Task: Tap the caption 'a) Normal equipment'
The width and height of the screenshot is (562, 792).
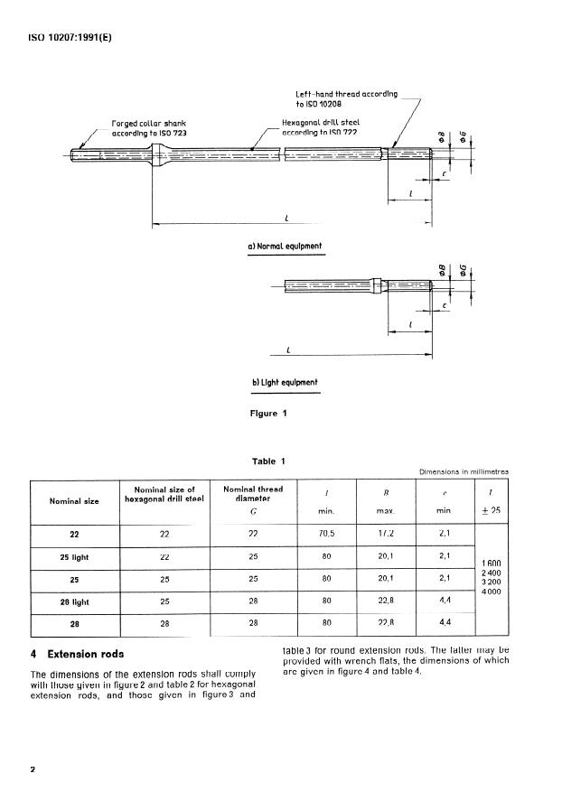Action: point(286,246)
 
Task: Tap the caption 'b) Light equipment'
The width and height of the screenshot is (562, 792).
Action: point(285,382)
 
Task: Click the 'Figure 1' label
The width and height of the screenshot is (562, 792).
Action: point(267,414)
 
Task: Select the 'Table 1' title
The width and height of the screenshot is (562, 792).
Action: point(268,461)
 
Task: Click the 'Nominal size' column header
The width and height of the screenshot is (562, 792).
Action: point(73,499)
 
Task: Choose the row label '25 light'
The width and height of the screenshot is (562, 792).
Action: point(73,556)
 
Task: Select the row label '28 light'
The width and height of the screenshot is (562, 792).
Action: point(73,600)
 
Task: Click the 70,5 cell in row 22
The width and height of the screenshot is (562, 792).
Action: point(325,534)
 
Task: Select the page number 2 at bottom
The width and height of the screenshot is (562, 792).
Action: point(33,769)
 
